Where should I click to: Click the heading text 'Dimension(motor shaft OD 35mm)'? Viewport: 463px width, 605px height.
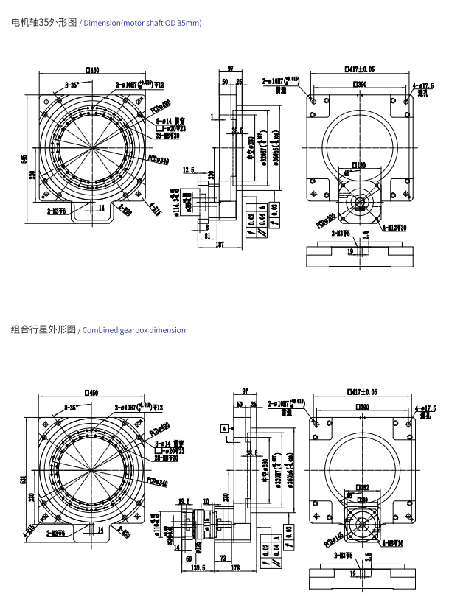(x=142, y=24)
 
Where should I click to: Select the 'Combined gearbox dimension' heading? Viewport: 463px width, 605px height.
(x=133, y=330)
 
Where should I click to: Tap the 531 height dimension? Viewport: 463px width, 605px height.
(x=26, y=480)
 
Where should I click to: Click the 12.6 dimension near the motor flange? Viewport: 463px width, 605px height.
(x=188, y=170)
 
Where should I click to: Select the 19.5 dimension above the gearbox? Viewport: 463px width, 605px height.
(x=184, y=500)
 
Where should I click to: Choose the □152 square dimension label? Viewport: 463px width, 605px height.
(x=362, y=488)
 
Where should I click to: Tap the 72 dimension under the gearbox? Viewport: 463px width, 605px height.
(x=223, y=558)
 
